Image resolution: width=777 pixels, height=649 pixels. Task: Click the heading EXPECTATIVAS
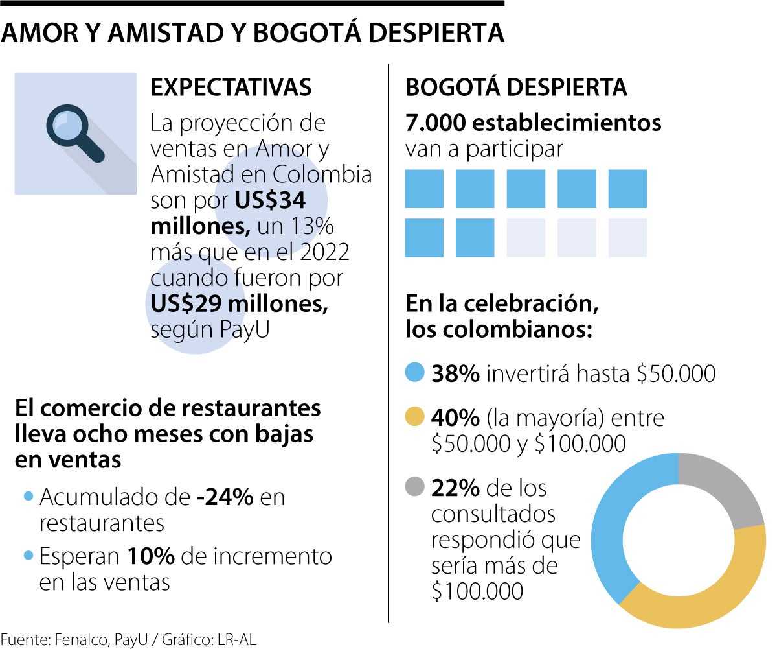(x=231, y=88)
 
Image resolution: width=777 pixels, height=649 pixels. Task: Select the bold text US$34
(x=270, y=201)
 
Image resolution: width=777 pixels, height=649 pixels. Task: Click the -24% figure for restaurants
(x=225, y=497)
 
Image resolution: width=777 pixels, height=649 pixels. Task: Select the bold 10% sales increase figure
(x=151, y=556)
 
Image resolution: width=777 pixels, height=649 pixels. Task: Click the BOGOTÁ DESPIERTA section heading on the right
(x=515, y=88)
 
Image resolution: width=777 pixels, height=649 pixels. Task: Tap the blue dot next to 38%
(x=414, y=373)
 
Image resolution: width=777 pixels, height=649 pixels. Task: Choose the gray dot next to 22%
(x=414, y=486)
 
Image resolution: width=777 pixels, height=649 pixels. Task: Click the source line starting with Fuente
(x=128, y=640)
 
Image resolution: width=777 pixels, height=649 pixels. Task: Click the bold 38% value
(x=455, y=373)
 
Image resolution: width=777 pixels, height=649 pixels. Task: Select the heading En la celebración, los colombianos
(x=499, y=316)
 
